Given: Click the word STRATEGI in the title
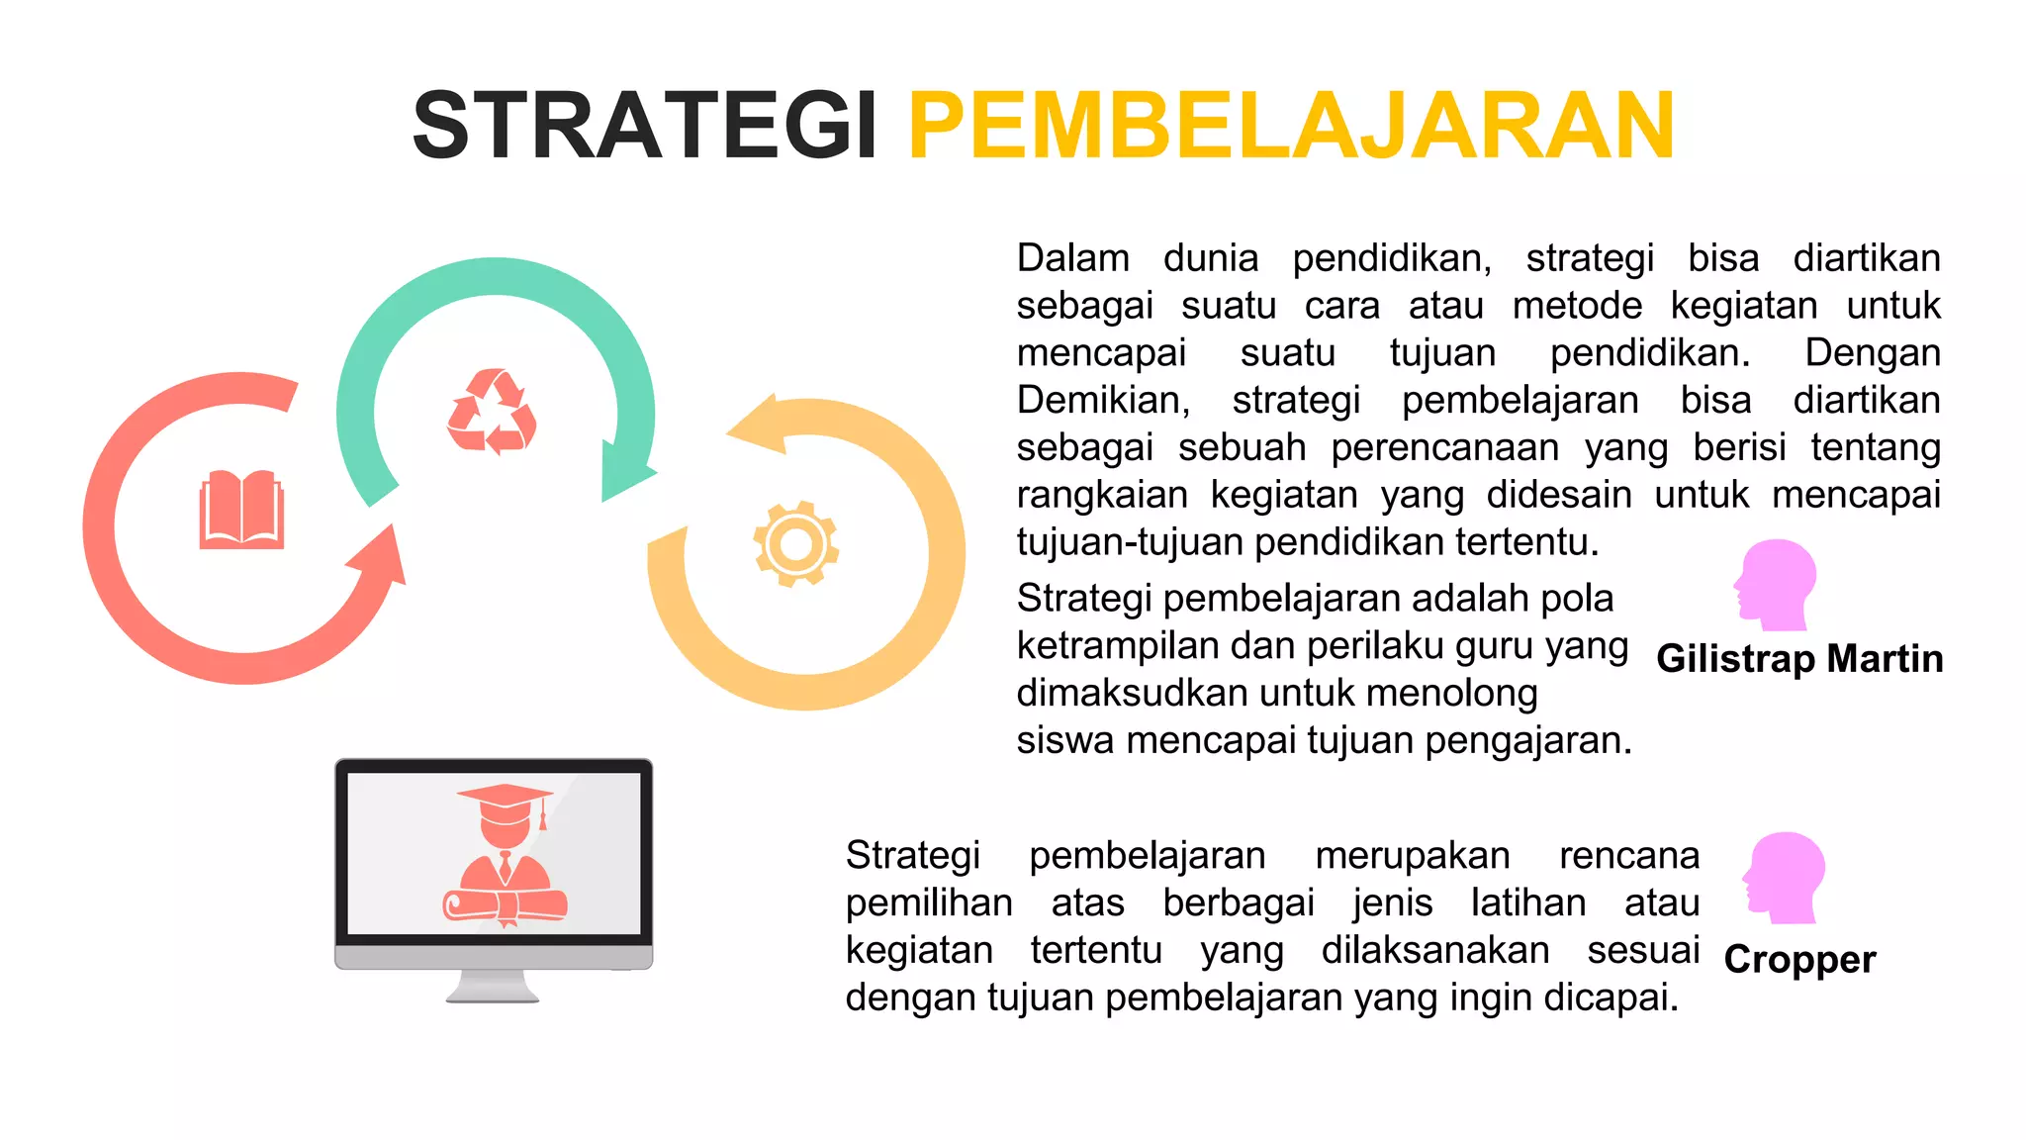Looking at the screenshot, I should (x=644, y=126).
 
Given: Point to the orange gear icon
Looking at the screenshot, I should (x=795, y=543).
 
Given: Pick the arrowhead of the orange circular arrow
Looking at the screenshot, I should (x=760, y=424).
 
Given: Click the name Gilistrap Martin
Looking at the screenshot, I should (x=1798, y=659).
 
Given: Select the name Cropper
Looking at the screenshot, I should (x=1798, y=960).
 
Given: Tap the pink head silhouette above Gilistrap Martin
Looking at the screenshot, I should (x=1775, y=584).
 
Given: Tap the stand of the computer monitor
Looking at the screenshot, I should (x=493, y=987).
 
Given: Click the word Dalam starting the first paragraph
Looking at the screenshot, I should (x=1072, y=258).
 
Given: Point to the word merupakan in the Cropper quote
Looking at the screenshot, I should (x=1412, y=856).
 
